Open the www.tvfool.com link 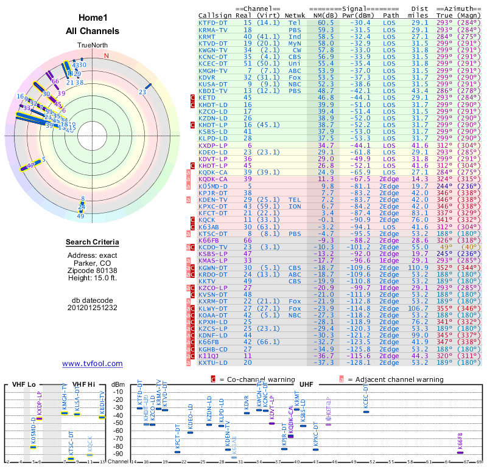click(93, 364)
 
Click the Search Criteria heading click(93, 243)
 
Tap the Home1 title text click(93, 19)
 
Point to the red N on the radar click(107, 56)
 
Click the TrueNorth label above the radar click(92, 46)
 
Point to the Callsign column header click(216, 15)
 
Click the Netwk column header click(295, 15)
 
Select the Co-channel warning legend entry click(251, 379)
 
